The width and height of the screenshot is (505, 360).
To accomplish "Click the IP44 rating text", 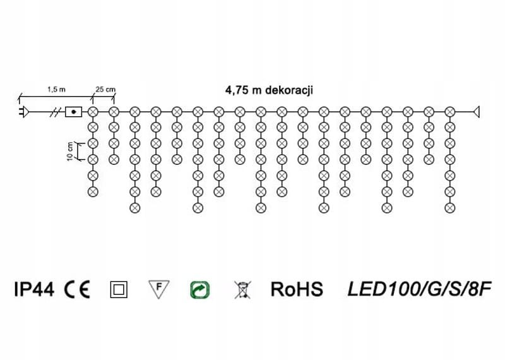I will tap(35, 289).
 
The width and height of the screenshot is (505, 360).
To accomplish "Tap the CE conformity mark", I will tap(78, 289).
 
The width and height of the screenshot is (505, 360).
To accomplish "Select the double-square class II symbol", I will tap(118, 290).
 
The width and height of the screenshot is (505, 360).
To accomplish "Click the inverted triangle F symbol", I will tap(160, 289).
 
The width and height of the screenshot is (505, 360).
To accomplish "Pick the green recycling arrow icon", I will tap(200, 290).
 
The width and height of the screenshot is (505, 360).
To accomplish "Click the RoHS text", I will tap(297, 289).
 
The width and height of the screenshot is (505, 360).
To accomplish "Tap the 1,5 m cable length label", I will tap(56, 90).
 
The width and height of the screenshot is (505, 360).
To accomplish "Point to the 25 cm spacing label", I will tap(105, 90).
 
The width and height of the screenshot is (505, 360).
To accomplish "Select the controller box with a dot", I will tap(74, 112).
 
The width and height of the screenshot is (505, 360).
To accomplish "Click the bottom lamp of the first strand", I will tap(93, 191).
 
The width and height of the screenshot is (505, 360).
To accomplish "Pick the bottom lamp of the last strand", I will tap(449, 207).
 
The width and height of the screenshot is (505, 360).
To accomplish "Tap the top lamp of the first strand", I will tap(93, 112).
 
